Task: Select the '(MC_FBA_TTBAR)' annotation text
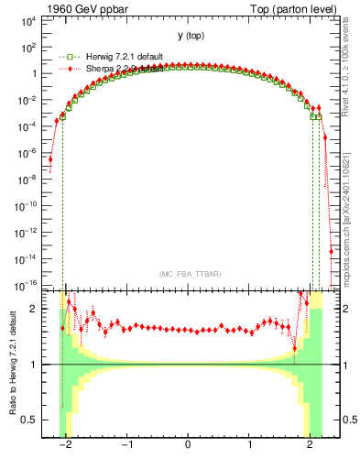(187, 274)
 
